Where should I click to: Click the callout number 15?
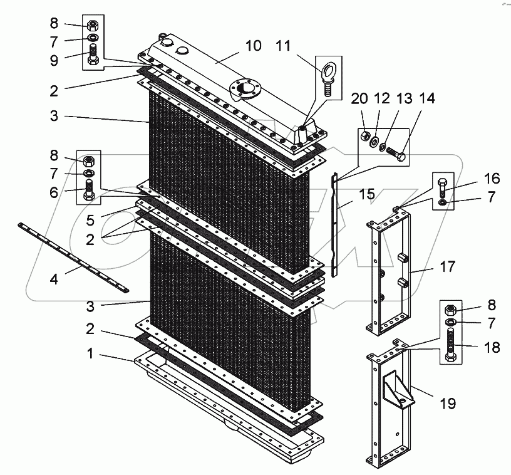pyautogui.click(x=368, y=193)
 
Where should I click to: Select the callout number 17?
pyautogui.click(x=446, y=266)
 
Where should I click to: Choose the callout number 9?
pyautogui.click(x=55, y=61)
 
